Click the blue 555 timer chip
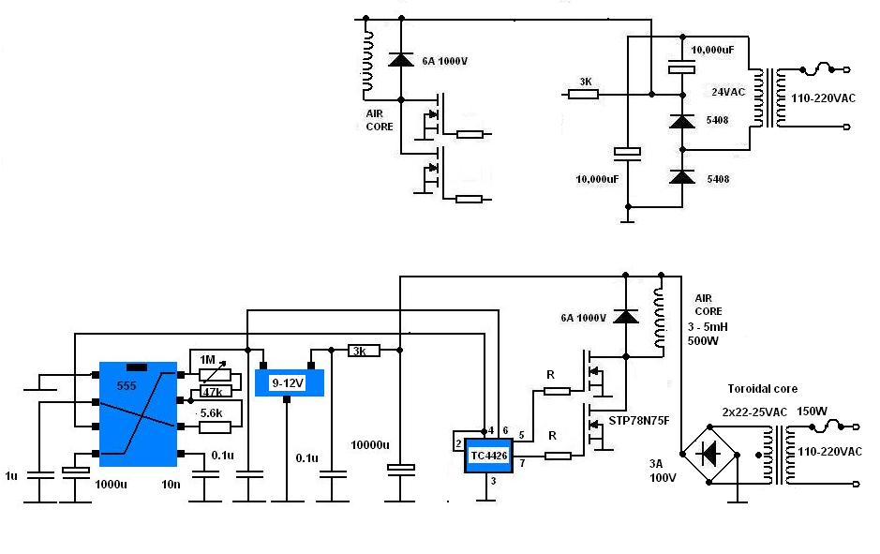(138, 414)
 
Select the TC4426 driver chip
(488, 456)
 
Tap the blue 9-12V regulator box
(289, 382)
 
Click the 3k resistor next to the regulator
(363, 352)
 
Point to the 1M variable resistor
(215, 375)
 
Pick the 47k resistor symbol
(216, 392)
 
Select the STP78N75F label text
(639, 421)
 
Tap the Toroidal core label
(762, 388)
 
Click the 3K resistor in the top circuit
(584, 95)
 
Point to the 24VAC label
(728, 92)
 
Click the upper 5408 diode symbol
(682, 121)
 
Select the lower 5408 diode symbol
(682, 177)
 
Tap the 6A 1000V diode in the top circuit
(401, 59)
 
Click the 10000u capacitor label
(370, 445)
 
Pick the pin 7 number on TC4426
(522, 463)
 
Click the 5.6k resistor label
(211, 413)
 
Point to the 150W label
(812, 411)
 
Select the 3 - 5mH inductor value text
(708, 327)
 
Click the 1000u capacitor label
(111, 485)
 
